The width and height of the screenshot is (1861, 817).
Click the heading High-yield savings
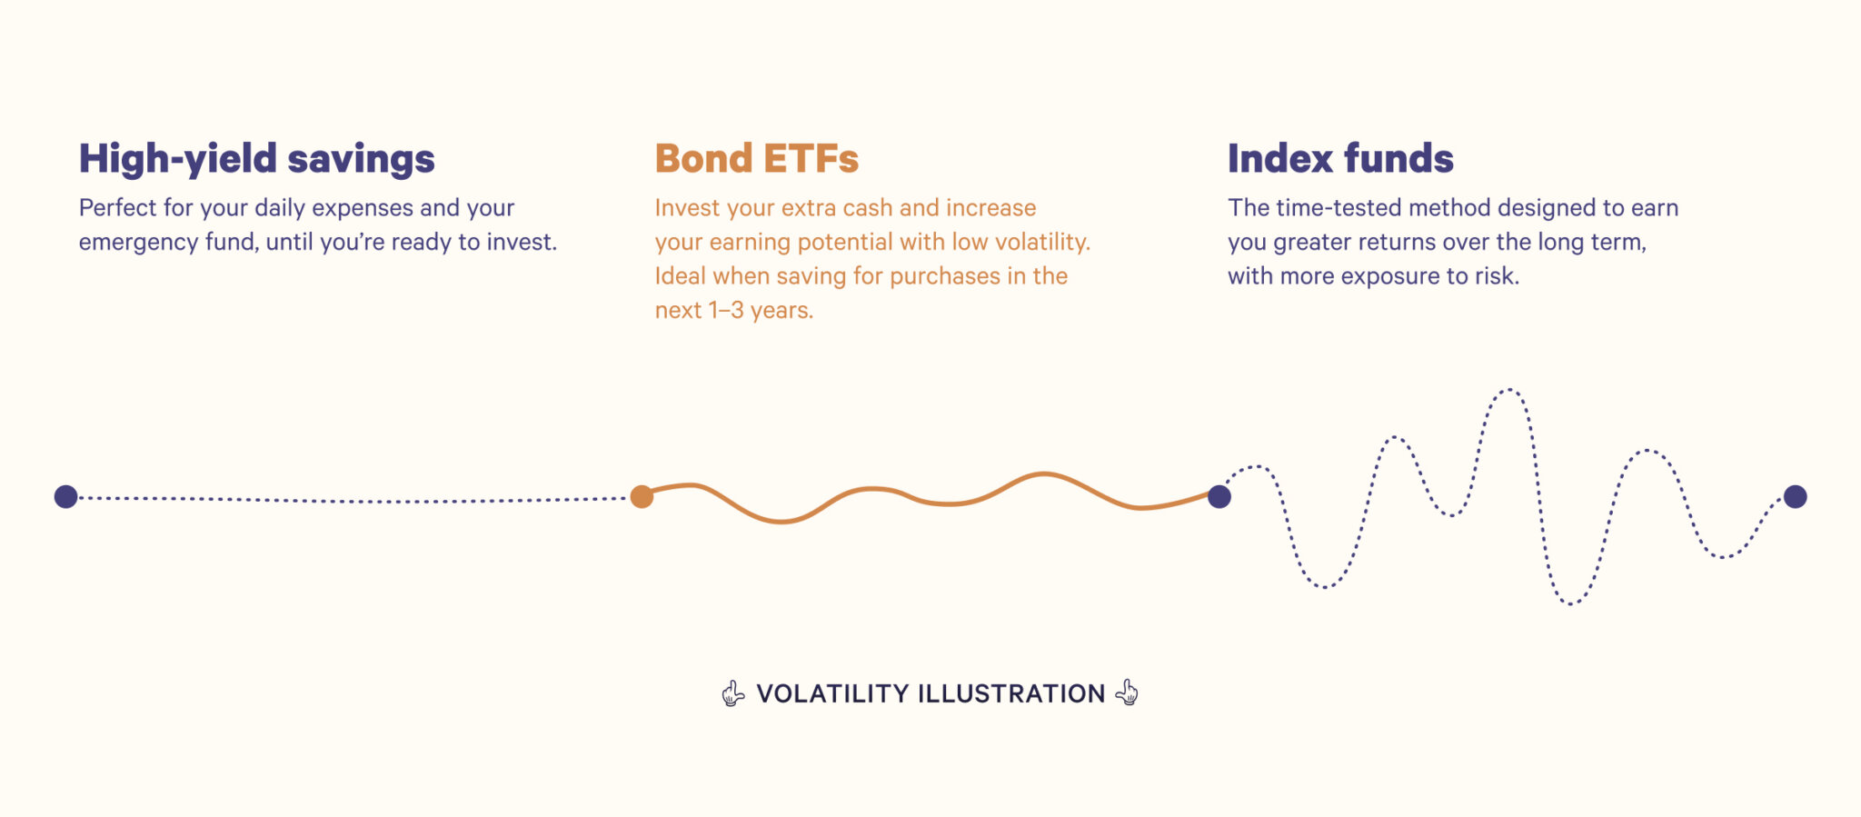click(256, 159)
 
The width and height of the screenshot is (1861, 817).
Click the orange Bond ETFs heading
click(756, 159)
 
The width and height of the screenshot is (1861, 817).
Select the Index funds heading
click(1340, 159)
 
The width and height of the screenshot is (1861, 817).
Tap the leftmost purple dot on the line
click(65, 496)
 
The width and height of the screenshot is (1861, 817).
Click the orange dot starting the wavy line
click(642, 496)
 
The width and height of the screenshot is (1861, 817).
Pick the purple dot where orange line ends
click(1219, 496)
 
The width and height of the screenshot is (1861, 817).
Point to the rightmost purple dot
click(1795, 496)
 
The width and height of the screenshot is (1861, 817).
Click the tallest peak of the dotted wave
click(1508, 391)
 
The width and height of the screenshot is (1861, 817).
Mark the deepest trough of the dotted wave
click(1571, 603)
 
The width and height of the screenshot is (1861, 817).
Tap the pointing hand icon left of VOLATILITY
click(732, 693)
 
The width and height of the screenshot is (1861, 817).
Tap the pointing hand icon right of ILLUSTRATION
click(1127, 692)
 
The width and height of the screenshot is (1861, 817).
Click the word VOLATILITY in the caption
click(832, 693)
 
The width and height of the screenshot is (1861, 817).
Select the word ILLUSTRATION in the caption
click(1011, 693)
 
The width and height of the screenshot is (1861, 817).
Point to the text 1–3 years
click(760, 311)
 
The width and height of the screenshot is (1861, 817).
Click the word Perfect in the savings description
click(117, 208)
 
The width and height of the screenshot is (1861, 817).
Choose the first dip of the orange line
click(781, 521)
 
